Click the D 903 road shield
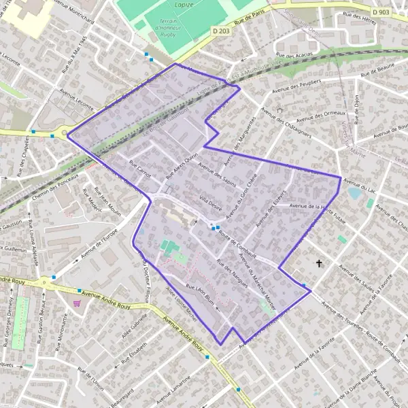[x=381, y=13]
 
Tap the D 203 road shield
[x=220, y=31]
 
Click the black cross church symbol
[x=319, y=262]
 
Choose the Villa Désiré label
[x=211, y=203]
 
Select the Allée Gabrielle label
[x=135, y=329]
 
